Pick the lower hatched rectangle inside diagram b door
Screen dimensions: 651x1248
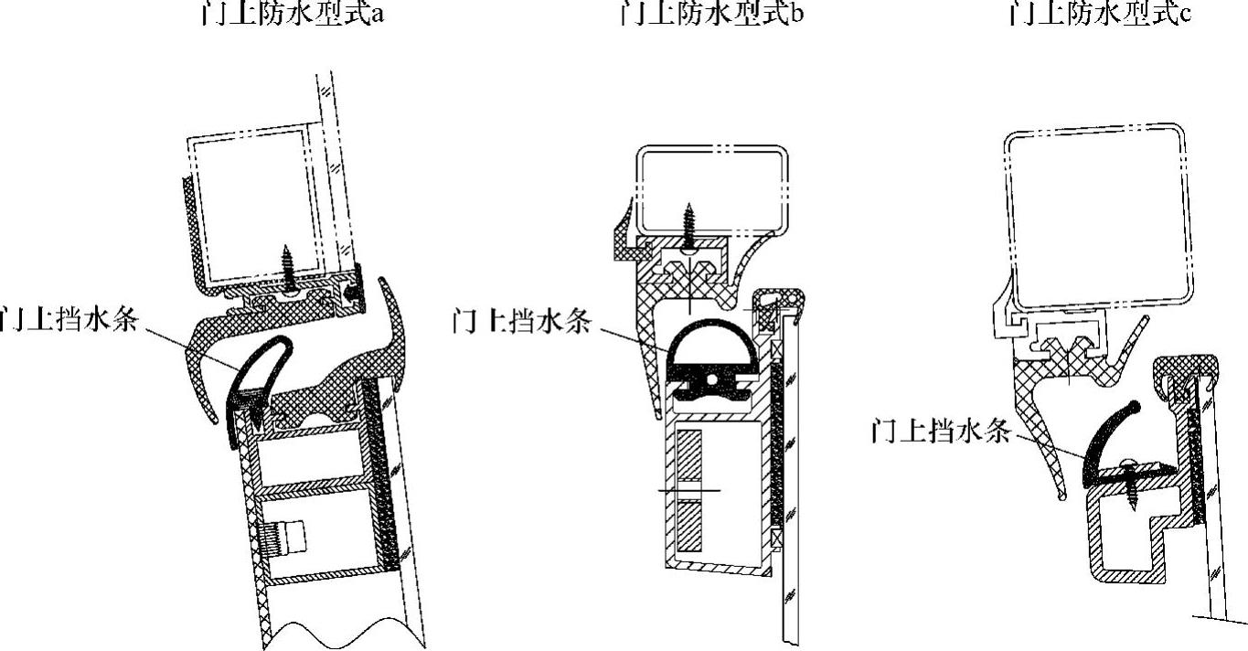coord(689,526)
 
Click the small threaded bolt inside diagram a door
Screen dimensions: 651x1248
coord(284,537)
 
